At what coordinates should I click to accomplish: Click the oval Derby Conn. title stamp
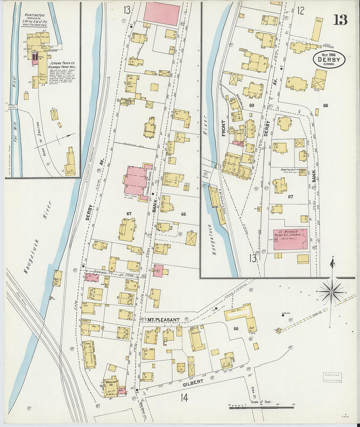click(329, 60)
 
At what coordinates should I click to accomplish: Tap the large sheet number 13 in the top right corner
click(340, 20)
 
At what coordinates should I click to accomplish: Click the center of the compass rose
click(331, 292)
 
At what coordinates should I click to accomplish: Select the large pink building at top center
click(162, 13)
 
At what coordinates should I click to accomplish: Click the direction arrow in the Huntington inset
click(63, 137)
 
